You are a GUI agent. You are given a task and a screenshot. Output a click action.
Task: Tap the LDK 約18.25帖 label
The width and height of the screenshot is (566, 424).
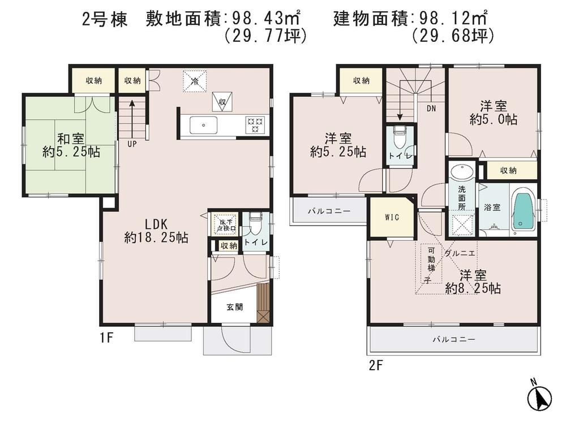[x=156, y=231]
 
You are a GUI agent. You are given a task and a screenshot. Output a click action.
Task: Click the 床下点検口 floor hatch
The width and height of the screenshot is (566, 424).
[x=226, y=224]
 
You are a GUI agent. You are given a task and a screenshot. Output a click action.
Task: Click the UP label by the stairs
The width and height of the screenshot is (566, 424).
[x=132, y=144]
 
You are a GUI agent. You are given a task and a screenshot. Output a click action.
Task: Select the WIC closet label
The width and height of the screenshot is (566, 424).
[x=392, y=217]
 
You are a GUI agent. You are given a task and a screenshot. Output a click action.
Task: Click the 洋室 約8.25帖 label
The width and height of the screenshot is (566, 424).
[x=473, y=282]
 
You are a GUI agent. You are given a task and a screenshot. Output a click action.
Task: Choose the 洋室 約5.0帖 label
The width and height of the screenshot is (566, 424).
[x=494, y=113]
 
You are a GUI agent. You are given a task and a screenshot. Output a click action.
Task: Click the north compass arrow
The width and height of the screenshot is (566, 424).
[x=542, y=399]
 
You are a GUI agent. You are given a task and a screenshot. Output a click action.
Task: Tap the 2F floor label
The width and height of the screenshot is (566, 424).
[x=376, y=365]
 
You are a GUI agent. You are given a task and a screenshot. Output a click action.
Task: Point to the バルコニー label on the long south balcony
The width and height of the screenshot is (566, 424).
[x=453, y=339]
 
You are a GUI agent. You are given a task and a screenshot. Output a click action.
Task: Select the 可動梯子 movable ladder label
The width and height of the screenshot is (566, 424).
[x=431, y=264]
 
